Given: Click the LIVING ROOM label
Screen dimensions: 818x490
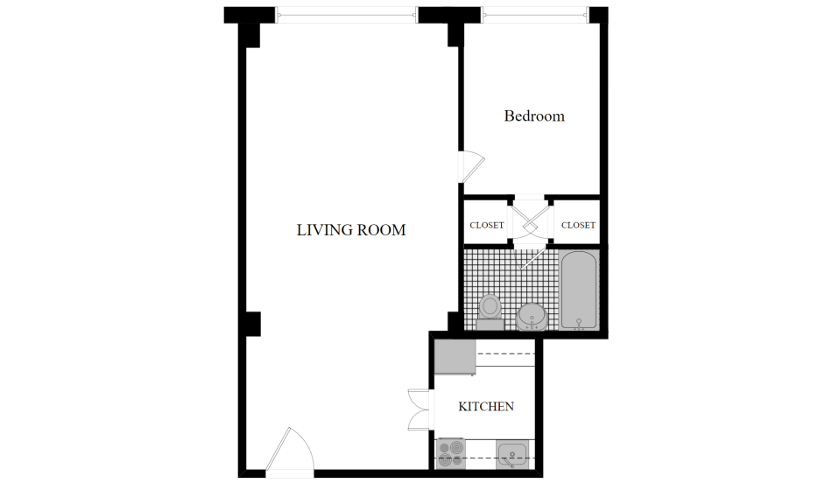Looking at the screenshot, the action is coord(351,230).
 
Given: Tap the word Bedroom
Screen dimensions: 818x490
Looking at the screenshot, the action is coord(534,115).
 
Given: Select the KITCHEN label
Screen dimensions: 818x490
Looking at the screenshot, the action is coord(486,406).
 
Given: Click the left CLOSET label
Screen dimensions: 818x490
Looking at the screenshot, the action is coord(487,225).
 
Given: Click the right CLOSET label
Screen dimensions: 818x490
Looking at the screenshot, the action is coord(578,225).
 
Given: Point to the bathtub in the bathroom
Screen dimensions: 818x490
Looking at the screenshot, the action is coord(579,290).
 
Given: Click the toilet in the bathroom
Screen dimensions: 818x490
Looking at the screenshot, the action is coord(490,311).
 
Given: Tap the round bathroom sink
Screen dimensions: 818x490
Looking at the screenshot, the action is coord(532,317).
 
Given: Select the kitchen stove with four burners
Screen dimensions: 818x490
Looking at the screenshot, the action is coord(451,453).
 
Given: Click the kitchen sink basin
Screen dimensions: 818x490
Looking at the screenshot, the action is coord(512,455).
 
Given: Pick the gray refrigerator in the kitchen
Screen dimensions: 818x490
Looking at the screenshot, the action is coord(455,357).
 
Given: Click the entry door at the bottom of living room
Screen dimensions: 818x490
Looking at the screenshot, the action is coord(290,451).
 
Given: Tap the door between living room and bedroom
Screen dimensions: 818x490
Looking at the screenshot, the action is coord(471,166).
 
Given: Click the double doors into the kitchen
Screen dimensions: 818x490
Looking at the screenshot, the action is coord(420,409).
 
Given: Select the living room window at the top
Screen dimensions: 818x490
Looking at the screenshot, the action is coord(347,15).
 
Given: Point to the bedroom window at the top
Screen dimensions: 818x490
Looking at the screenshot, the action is coord(536,15).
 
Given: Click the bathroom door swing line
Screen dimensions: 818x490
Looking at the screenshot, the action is coord(532,259).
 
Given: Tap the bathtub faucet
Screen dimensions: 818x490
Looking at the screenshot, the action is coord(579,324).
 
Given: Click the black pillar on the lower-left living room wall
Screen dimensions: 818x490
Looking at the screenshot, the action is coord(252,324).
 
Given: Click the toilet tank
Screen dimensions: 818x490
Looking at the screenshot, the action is coord(490,325).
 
